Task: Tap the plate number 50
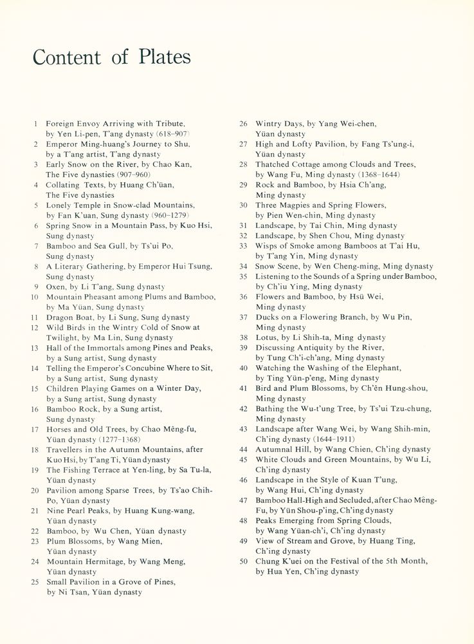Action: point(243,562)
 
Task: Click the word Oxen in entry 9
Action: point(57,287)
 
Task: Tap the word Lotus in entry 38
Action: point(266,337)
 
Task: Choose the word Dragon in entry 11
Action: point(60,317)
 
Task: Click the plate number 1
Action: point(36,123)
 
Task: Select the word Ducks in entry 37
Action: point(267,317)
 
